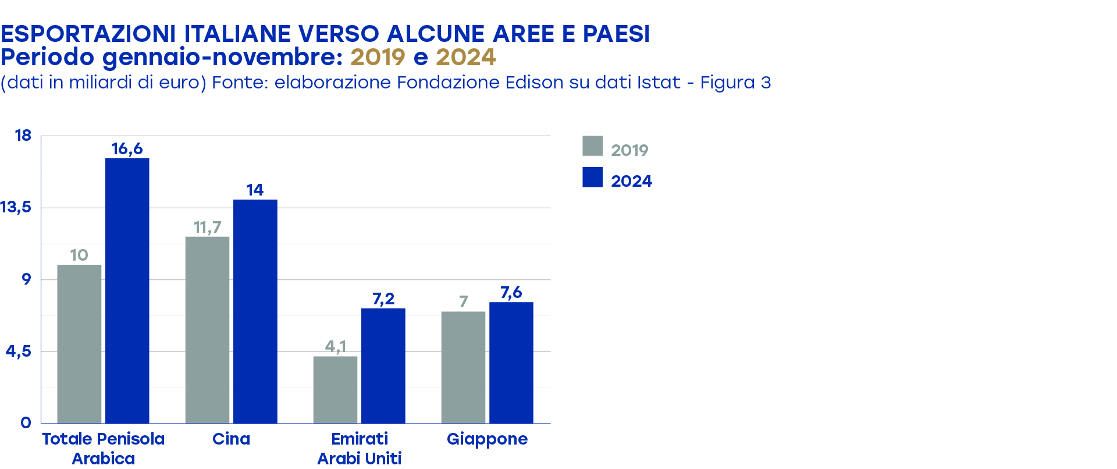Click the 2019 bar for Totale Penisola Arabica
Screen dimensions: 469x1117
(79, 344)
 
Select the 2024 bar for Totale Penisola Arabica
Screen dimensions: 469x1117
(127, 291)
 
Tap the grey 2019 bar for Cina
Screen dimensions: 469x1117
(207, 330)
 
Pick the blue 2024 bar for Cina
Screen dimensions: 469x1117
(255, 311)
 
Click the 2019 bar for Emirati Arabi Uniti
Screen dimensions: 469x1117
(335, 389)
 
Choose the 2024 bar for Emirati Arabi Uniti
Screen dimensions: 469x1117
(383, 365)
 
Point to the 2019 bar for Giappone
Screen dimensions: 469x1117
(463, 367)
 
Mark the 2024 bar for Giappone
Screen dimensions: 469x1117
(511, 363)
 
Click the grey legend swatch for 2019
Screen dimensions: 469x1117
(592, 146)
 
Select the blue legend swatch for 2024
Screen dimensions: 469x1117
(592, 177)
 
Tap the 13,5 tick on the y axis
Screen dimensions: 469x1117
(16, 207)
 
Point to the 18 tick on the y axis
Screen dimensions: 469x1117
(23, 136)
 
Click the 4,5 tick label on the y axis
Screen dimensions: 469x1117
(19, 351)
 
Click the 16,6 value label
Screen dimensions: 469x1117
(127, 149)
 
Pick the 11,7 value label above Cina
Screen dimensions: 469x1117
(207, 227)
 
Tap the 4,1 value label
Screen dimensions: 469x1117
(335, 346)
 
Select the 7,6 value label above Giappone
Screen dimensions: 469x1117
(511, 292)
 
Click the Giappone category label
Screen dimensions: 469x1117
(487, 439)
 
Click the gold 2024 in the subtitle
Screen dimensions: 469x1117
(465, 57)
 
